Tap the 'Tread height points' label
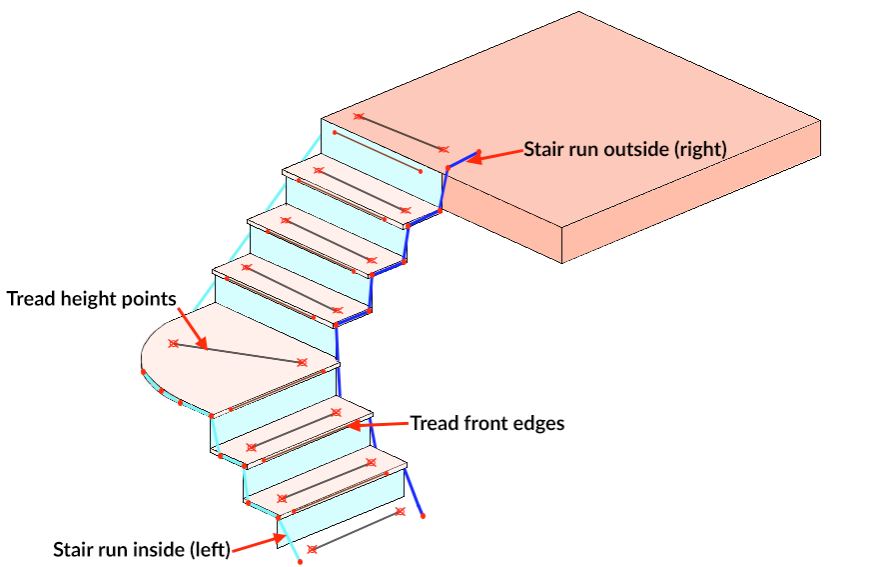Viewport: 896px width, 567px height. [x=92, y=298]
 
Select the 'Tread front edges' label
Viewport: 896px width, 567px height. [x=487, y=423]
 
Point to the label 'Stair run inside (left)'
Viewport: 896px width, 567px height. [x=142, y=549]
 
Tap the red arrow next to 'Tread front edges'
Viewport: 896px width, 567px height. [x=384, y=424]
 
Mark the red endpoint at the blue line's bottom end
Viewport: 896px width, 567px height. [x=423, y=517]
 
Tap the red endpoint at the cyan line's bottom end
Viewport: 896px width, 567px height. [x=300, y=563]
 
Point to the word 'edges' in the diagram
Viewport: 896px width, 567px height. [x=539, y=423]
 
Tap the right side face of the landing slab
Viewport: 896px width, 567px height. [x=729, y=195]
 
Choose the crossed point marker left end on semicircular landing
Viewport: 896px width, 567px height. [x=174, y=344]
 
